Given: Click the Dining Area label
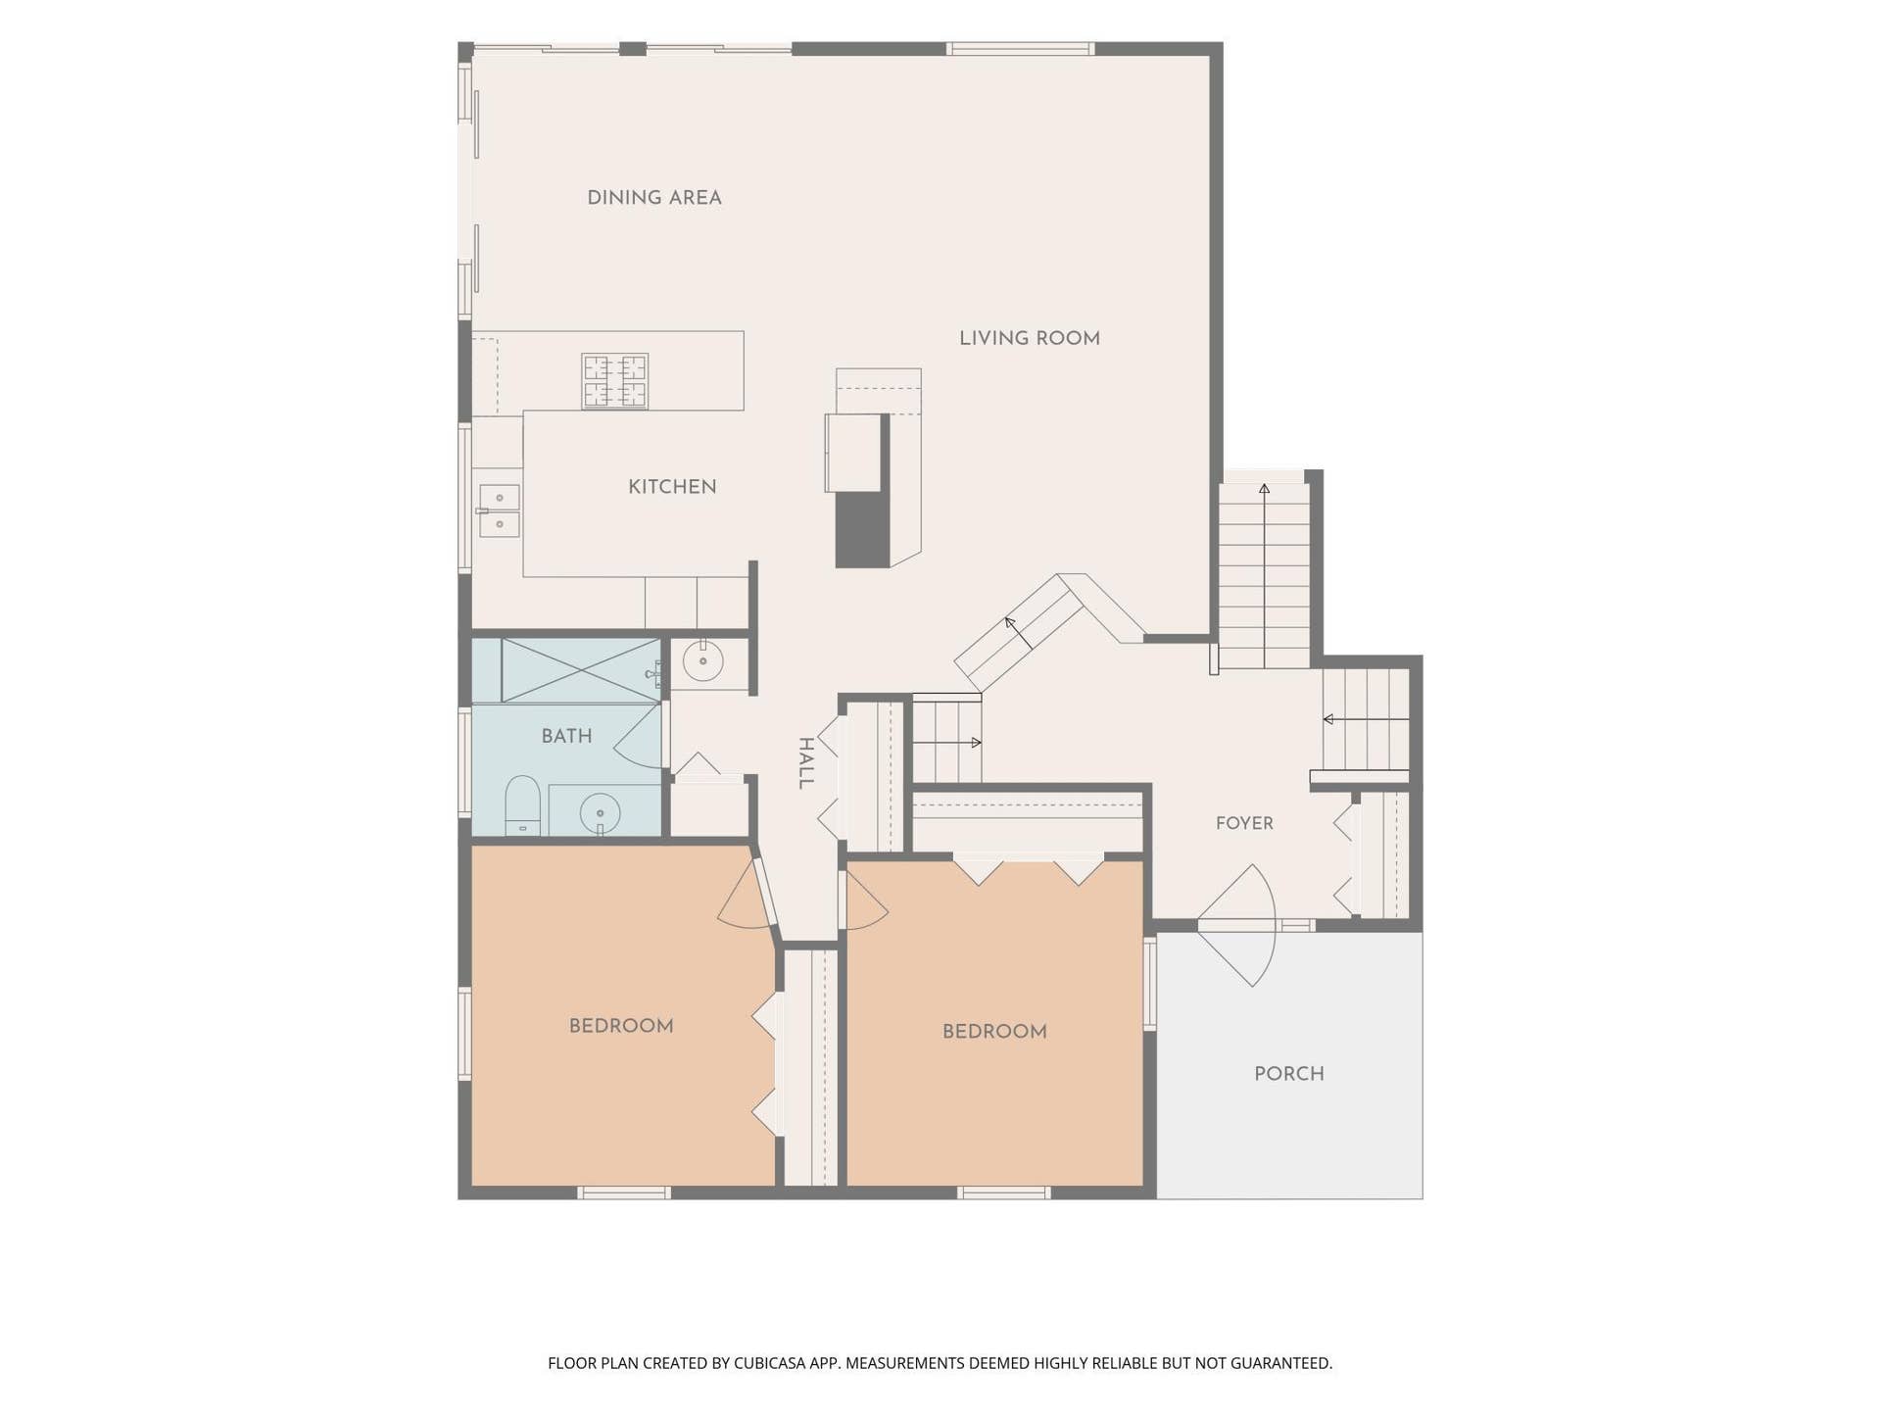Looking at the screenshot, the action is pos(654,198).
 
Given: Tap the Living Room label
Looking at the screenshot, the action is pos(1030,339).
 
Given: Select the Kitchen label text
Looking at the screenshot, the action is pos(672,487).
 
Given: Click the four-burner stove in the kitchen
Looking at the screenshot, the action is pos(615,381).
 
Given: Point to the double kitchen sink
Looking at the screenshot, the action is pos(499,511).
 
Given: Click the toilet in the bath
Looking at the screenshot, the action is pos(522,805).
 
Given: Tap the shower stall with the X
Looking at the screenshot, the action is pos(581,670).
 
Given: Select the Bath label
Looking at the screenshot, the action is pos(566,736).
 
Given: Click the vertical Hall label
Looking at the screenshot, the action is pos(805,763).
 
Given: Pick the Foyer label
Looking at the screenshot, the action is pos(1244,824).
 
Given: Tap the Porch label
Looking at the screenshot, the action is pos(1289,1074).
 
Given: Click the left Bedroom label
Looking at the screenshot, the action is pos(621,1026).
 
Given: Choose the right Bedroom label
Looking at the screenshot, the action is pos(994,1032).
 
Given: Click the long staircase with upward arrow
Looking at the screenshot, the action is pos(1264,576).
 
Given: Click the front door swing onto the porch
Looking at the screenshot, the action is pos(1237,925).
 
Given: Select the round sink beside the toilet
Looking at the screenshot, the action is pos(600,812).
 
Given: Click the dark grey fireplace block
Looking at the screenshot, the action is pos(862,529).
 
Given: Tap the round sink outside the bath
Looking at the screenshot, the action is pos(702,660).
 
